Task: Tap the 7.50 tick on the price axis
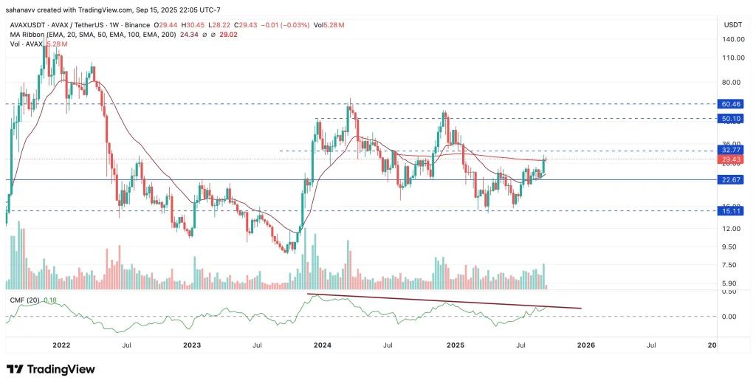(729, 265)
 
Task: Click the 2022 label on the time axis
(61, 345)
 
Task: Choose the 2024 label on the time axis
(321, 345)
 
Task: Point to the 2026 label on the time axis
(585, 345)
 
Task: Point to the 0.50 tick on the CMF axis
(729, 292)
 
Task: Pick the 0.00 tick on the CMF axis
(729, 317)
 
